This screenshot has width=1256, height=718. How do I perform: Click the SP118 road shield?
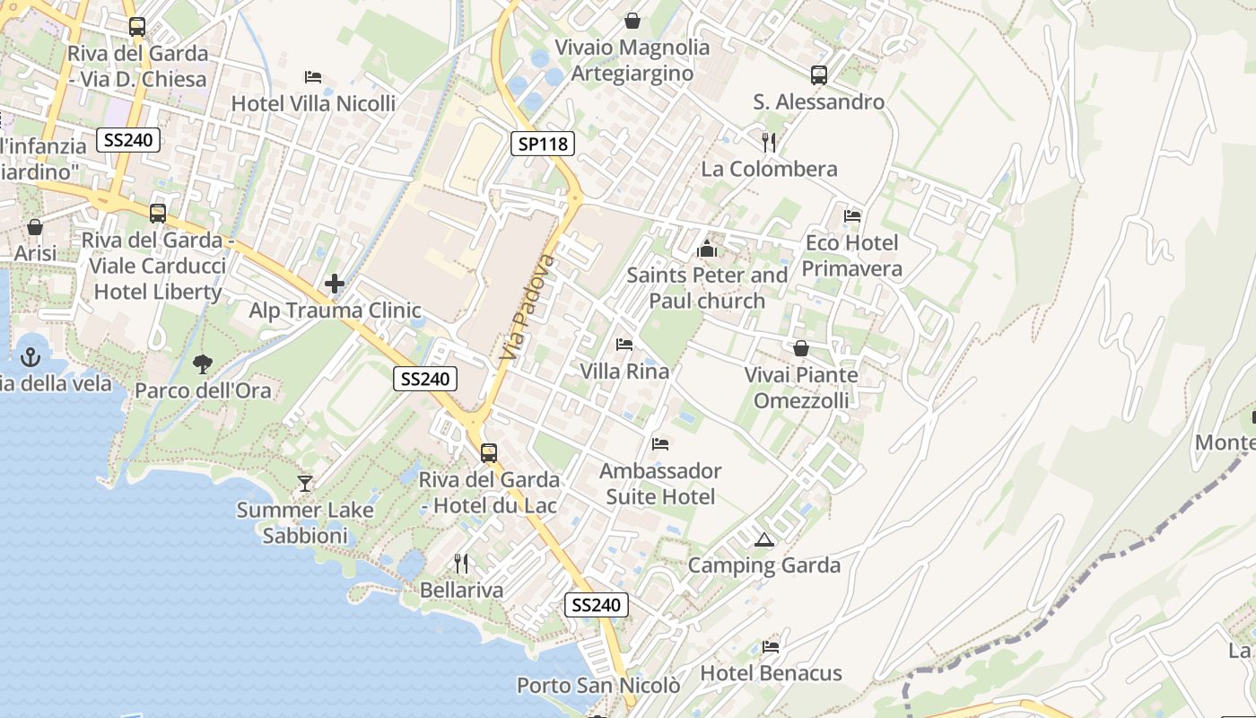543,143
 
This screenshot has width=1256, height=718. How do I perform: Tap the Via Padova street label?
528,307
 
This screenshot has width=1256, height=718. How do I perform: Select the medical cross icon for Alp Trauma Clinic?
335,285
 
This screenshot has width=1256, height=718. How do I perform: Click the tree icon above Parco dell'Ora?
203,363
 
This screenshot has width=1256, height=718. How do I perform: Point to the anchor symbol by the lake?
31,357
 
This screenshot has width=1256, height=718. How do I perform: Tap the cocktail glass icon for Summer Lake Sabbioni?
305,484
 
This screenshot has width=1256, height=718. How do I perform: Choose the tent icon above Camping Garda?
763,539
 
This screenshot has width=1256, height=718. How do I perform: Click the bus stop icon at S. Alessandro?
818,75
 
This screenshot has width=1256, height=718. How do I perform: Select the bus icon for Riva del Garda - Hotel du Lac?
489,453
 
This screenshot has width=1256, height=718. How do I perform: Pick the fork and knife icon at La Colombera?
768,143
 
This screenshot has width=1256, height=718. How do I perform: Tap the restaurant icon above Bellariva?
461,564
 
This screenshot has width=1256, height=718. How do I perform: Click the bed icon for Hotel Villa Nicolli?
313,77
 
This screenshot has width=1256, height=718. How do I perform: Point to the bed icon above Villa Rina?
624,345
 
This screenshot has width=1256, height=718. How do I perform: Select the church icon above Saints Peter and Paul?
707,249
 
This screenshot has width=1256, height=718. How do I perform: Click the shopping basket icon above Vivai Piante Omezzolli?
801,348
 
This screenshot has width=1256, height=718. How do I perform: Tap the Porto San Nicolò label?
598,686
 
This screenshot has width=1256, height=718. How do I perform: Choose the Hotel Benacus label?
771,673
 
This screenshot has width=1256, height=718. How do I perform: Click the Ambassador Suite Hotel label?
660,484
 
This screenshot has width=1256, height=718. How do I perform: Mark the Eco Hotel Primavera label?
851,256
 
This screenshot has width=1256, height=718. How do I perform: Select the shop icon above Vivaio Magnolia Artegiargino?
632,21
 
